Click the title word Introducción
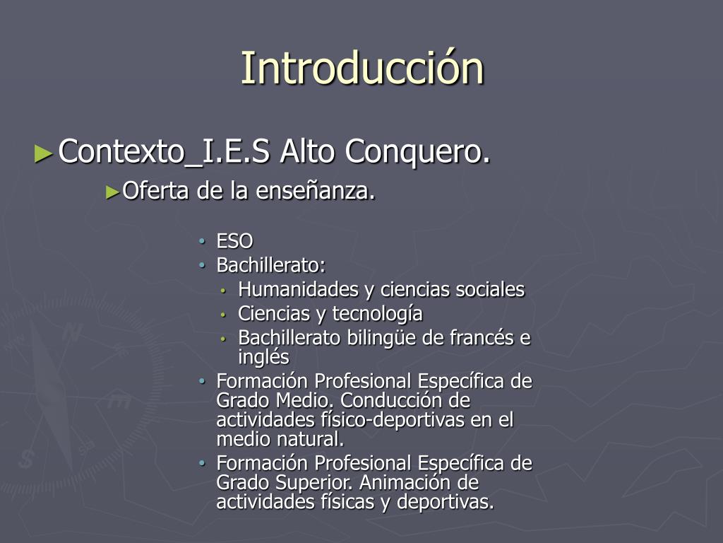tap(362, 68)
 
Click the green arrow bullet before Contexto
tap(43, 153)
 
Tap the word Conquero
tap(417, 151)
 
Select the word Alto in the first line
tap(307, 151)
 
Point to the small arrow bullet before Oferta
tap(112, 192)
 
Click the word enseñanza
tap(316, 190)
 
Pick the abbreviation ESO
tap(234, 241)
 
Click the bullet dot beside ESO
tap(202, 241)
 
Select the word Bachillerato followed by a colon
tap(271, 265)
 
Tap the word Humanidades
tap(299, 289)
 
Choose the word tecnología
tap(377, 314)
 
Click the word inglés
tap(264, 357)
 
